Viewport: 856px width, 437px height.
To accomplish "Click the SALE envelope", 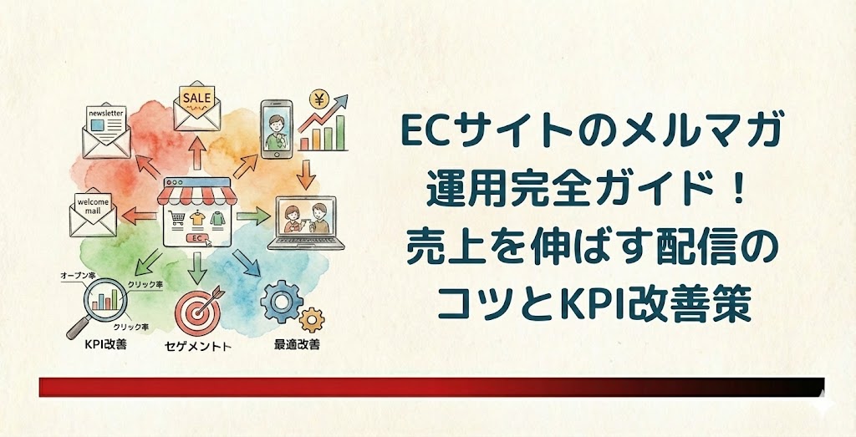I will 197,104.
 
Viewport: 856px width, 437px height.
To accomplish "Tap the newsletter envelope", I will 106,130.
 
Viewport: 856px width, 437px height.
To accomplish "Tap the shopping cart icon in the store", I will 176,218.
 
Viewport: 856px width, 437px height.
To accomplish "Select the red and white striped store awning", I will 198,195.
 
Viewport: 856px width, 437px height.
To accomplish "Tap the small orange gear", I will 311,318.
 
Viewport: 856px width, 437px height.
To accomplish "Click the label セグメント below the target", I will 198,345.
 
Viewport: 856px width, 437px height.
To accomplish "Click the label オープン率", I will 78,275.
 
